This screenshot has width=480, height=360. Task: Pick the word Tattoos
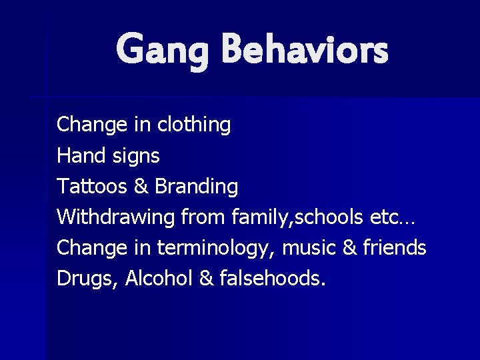[x=92, y=186]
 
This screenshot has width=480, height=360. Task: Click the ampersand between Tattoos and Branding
[x=141, y=186]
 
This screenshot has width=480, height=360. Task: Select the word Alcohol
[x=160, y=278]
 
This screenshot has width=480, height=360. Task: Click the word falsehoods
[x=273, y=278]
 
